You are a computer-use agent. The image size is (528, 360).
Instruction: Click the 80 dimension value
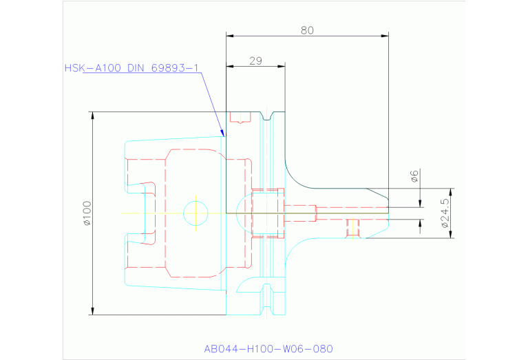[x=307, y=30]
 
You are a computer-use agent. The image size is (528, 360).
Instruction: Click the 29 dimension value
[x=255, y=61]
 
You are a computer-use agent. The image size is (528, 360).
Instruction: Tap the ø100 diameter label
[x=87, y=213]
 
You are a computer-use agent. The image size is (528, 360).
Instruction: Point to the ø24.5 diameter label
[x=445, y=213]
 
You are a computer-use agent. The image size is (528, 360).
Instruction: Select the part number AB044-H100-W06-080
[x=268, y=348]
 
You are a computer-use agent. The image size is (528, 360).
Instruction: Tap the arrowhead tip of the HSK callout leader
[x=224, y=136]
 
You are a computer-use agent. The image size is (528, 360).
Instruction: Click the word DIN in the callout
[x=137, y=68]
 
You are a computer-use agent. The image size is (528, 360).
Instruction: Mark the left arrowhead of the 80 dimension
[x=229, y=35]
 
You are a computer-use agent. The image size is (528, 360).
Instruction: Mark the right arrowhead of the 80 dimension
[x=386, y=35]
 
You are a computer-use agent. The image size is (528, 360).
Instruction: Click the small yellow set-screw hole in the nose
[x=353, y=226]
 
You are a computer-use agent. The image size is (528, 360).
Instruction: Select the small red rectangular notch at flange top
[x=239, y=118]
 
